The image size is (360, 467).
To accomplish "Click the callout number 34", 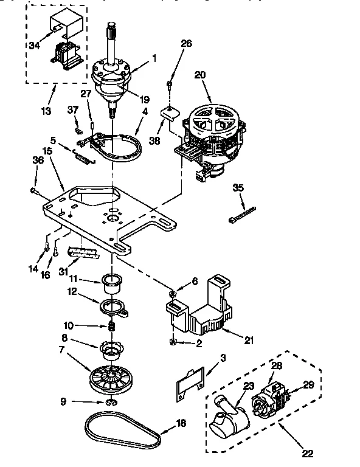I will [34, 45].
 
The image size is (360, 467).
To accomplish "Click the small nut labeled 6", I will [173, 295].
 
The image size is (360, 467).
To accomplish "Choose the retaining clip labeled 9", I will [111, 402].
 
